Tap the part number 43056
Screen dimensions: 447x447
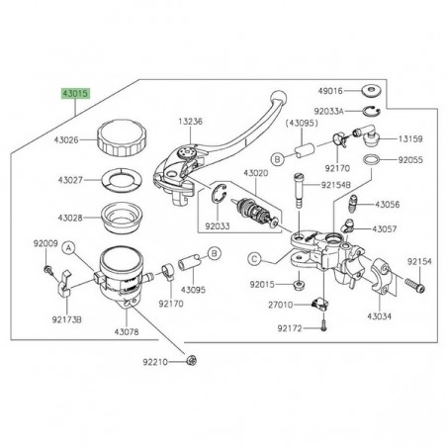click(412, 204)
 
